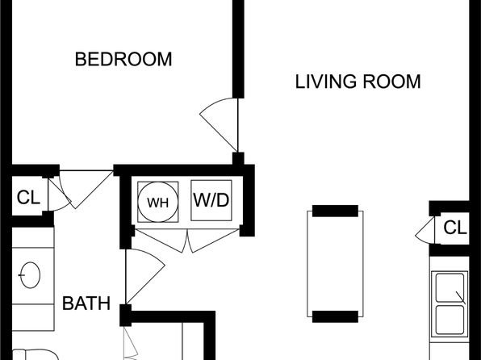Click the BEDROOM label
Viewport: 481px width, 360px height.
click(123, 59)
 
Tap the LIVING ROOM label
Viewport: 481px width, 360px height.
click(358, 82)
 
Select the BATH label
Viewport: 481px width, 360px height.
click(86, 303)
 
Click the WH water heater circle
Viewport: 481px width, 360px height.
click(158, 202)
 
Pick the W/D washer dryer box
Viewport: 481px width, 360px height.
click(211, 200)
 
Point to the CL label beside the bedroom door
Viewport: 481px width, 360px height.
click(28, 197)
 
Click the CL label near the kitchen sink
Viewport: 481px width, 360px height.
click(455, 228)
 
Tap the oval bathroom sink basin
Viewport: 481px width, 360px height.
click(30, 275)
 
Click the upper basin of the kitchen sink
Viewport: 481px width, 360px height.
click(450, 287)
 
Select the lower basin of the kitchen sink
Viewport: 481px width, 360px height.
click(450, 320)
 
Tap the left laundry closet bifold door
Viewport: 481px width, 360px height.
click(160, 241)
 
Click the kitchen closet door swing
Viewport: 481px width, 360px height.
click(425, 231)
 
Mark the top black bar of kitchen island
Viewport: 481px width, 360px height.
click(335, 211)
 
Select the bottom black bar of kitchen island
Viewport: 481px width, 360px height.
click(335, 316)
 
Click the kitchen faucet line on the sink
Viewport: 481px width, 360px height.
click(461, 298)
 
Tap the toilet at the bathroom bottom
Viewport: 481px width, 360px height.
click(34, 354)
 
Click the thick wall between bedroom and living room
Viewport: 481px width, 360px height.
click(238, 49)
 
